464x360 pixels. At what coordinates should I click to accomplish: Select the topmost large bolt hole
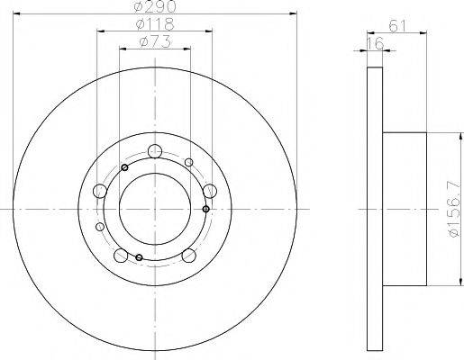point(155,151)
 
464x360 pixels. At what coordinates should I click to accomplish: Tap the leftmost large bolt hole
point(100,191)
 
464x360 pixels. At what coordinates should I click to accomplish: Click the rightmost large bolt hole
point(210,191)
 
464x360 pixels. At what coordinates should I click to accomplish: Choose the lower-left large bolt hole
point(122,254)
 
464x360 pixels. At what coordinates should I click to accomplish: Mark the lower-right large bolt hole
point(189,254)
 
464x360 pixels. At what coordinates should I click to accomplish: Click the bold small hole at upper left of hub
point(125,167)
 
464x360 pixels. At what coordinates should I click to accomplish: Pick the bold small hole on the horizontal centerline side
point(206,210)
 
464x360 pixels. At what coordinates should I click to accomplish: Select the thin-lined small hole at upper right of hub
point(187,163)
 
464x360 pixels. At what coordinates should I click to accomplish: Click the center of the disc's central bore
point(155,209)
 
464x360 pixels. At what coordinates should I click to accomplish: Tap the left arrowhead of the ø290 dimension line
point(18,14)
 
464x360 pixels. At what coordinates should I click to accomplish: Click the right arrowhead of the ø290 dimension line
point(294,14)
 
